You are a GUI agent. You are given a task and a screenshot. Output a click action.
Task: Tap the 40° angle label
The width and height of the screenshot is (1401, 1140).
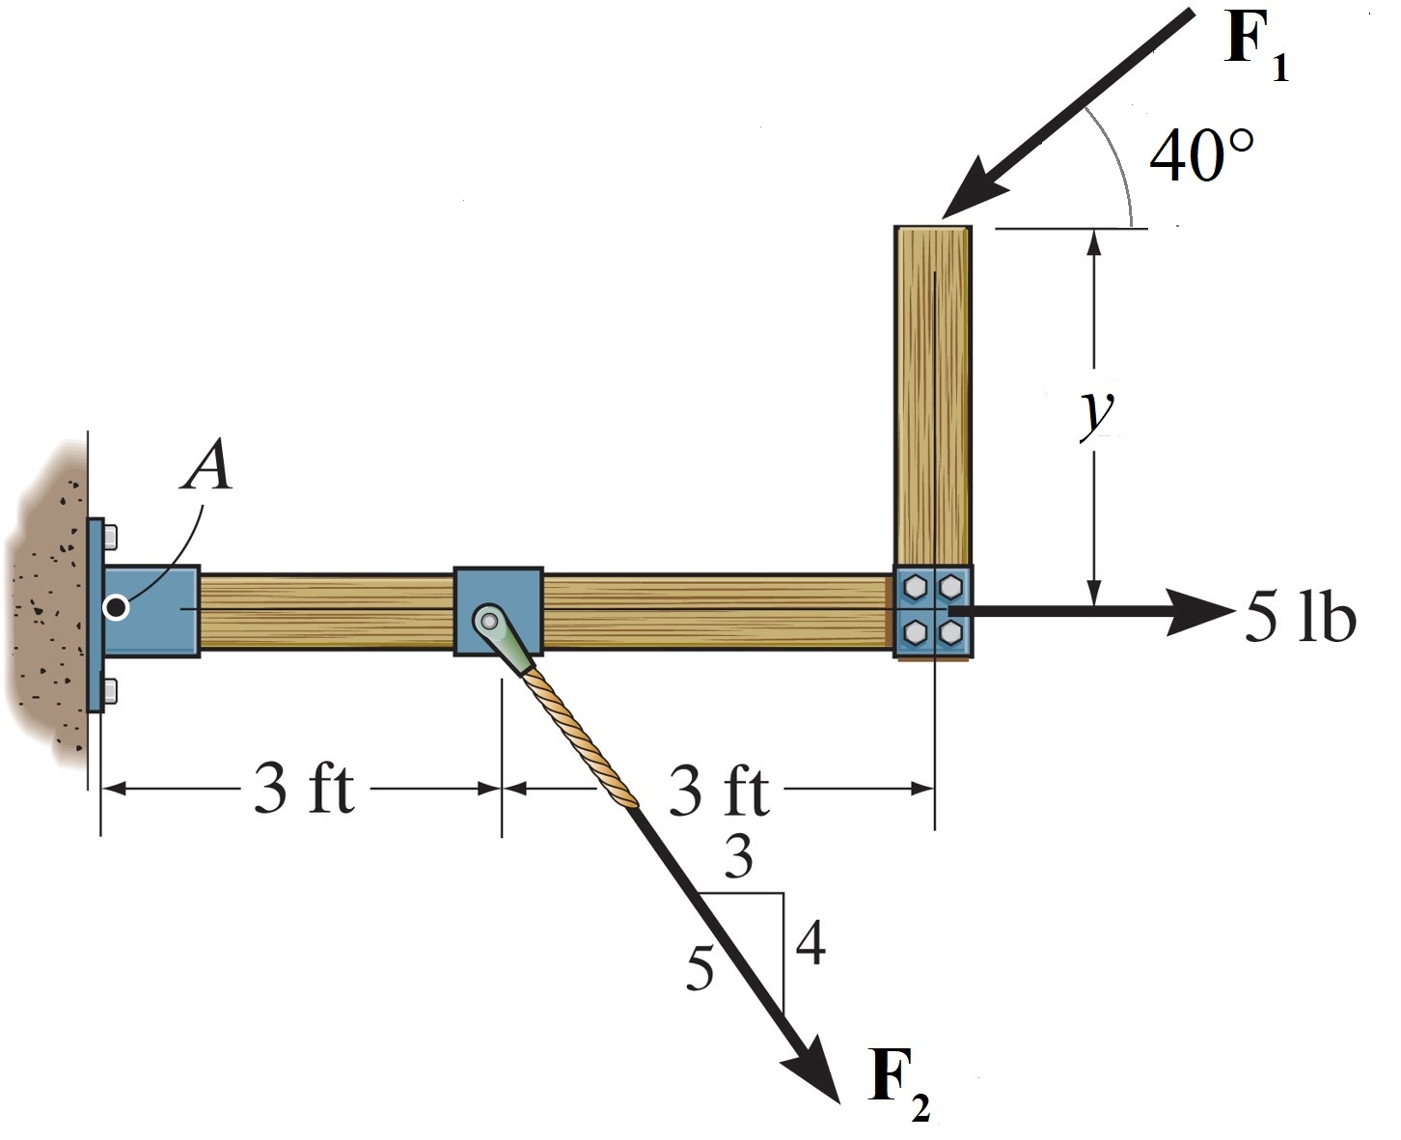[x=1201, y=154]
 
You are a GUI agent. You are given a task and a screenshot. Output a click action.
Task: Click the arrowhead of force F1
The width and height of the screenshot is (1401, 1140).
[x=965, y=198]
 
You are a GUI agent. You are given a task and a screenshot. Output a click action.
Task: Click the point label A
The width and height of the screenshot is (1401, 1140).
[x=209, y=470]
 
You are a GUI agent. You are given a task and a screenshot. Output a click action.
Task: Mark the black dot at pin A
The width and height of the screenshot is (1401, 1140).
[x=117, y=607]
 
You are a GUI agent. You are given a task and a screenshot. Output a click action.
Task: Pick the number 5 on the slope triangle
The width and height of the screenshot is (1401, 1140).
[x=700, y=968]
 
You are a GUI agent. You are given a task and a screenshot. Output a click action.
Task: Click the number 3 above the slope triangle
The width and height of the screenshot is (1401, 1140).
[x=738, y=855]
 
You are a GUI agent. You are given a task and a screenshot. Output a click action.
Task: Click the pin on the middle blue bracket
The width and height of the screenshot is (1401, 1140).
[x=488, y=617]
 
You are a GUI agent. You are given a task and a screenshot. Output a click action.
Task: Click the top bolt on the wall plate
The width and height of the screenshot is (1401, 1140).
[x=110, y=534]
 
